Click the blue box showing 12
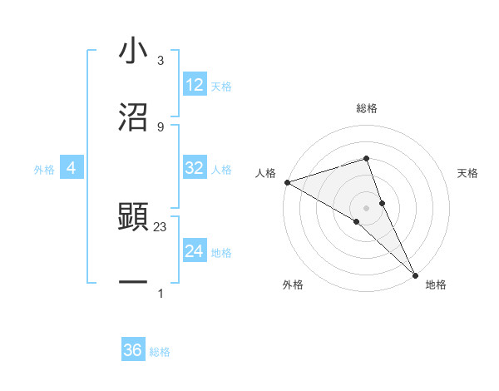[x=195, y=85]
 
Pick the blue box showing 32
[x=195, y=168]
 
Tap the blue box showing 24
[x=195, y=251]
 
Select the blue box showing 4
[x=71, y=168]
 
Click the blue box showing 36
[x=133, y=350]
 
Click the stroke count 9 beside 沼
[x=161, y=126]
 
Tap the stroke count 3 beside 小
[x=161, y=62]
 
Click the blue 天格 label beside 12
[x=221, y=87]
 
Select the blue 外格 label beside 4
[x=44, y=170]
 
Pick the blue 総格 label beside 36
[x=160, y=352]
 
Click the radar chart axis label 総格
[x=366, y=108]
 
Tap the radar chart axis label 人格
[x=265, y=173]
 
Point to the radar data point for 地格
[x=415, y=273]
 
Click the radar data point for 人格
[x=287, y=181]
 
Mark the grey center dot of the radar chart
[x=366, y=206]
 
